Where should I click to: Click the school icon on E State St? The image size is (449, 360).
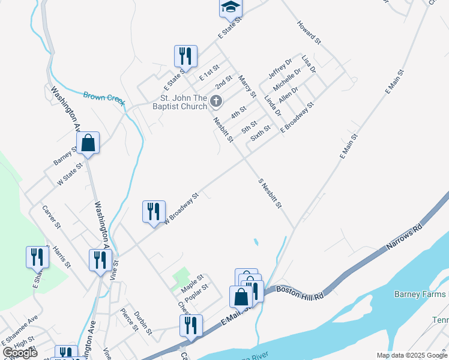point(231,7)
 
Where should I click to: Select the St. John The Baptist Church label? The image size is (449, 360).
point(183,103)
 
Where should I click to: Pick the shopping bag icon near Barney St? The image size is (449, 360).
point(88,143)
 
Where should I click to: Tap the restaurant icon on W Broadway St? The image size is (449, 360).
point(154,212)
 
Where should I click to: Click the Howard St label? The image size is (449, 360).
point(309,32)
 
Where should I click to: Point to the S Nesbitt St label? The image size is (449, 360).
point(270,193)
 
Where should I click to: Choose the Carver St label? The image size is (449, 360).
point(52,217)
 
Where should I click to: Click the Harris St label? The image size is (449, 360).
point(62,256)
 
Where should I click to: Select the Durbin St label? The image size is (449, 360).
point(142,322)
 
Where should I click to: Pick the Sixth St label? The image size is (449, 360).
point(261,133)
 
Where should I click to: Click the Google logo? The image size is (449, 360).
point(20,353)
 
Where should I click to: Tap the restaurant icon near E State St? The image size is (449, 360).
point(185,56)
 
